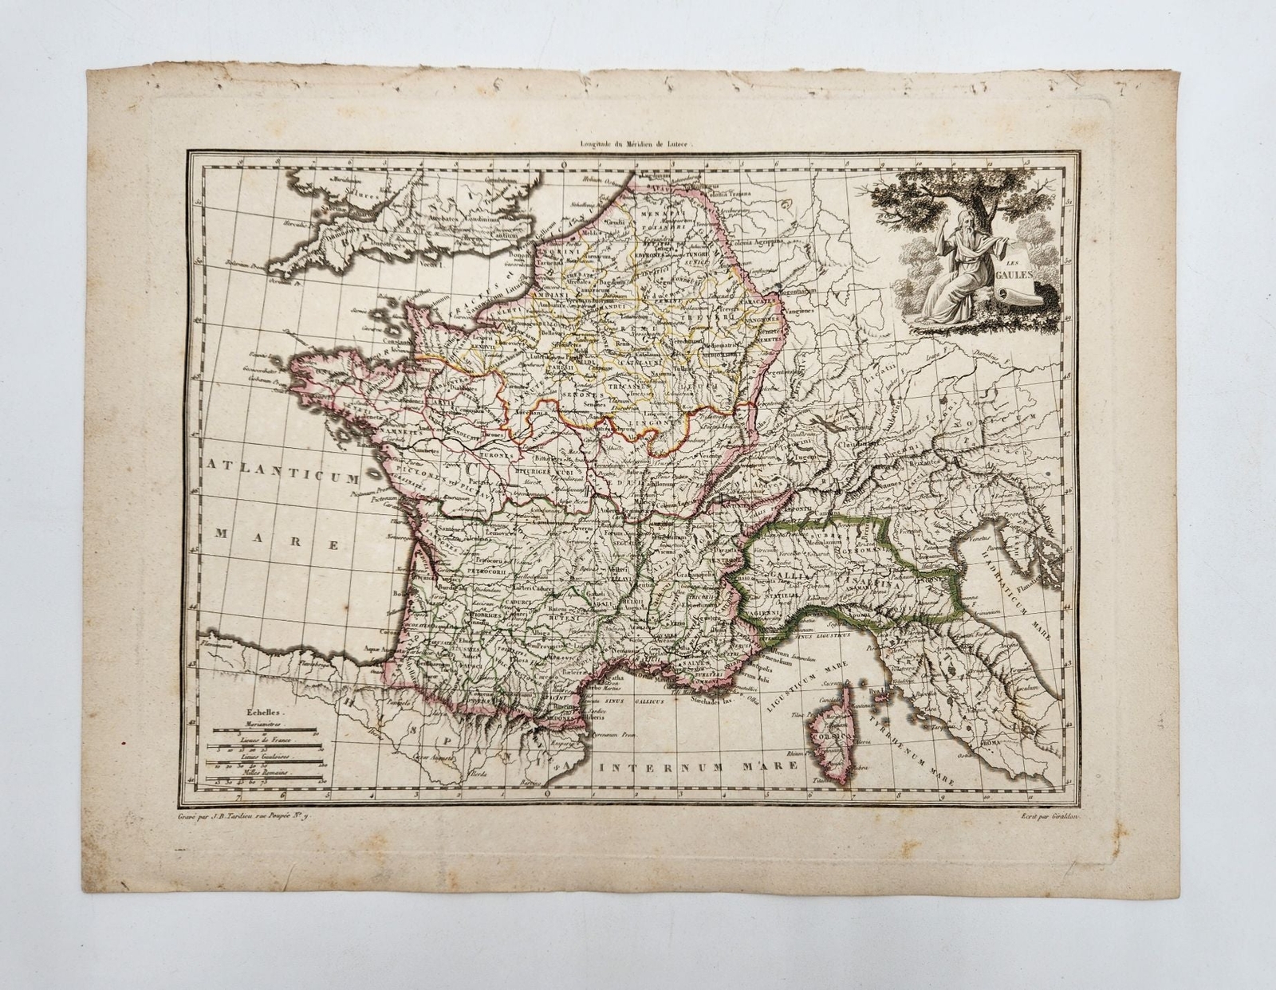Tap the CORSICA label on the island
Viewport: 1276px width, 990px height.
(x=829, y=734)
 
